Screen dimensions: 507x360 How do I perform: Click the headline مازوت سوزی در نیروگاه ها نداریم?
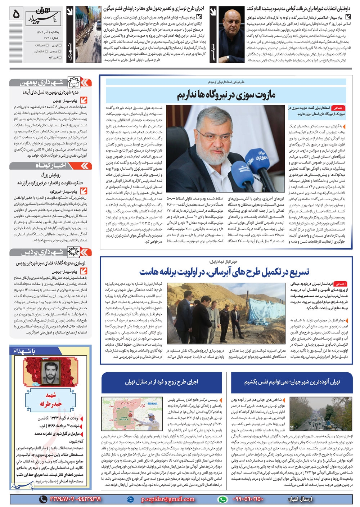point(226,95)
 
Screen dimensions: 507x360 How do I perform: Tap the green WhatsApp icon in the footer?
point(222,499)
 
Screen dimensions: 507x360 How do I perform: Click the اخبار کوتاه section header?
point(50,165)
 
